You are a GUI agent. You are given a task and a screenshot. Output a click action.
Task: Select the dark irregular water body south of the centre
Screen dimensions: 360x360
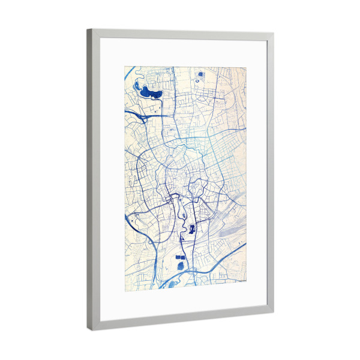pyautogui.click(x=192, y=228)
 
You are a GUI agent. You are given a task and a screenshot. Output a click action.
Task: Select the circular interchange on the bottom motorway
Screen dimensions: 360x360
pyautogui.click(x=193, y=273)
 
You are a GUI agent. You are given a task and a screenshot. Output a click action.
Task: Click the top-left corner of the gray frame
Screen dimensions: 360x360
pyautogui.click(x=88, y=30)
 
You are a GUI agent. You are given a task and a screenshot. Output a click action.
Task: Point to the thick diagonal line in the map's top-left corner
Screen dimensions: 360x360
pyautogui.click(x=130, y=74)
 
